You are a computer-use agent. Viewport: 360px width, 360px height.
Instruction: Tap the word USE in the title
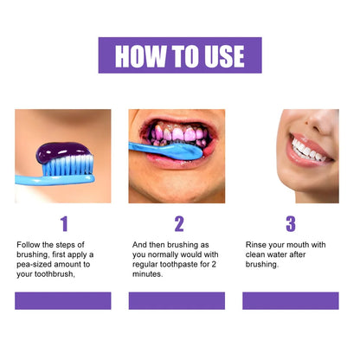[221, 56]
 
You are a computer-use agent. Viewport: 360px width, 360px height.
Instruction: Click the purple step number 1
[63, 225]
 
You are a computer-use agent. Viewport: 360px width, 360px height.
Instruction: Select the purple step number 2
[179, 225]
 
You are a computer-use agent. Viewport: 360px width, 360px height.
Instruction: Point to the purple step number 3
[290, 225]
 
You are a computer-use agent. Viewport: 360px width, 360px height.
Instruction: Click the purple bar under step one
[63, 300]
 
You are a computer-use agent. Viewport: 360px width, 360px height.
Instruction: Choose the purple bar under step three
[290, 300]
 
